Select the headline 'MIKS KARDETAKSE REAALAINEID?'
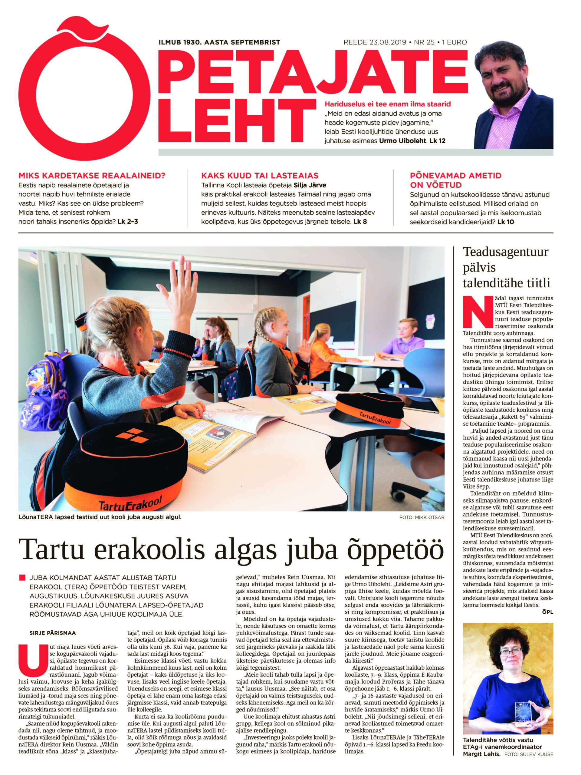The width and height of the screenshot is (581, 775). click(x=92, y=176)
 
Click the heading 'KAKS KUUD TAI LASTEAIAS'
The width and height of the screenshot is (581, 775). click(x=260, y=176)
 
